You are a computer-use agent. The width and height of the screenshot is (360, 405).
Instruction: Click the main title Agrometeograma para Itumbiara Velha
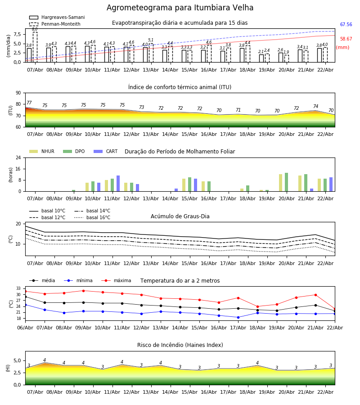coord(180,8)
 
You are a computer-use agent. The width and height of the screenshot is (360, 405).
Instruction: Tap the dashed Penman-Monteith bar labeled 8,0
coord(35,47)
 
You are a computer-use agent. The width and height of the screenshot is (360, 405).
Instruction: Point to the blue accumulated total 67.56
coord(346,25)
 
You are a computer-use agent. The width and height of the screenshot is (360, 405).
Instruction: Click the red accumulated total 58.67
coord(346,39)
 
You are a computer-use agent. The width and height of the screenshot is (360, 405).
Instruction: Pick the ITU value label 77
coord(29,103)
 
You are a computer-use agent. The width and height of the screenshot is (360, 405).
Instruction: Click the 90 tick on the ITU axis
coord(18,93)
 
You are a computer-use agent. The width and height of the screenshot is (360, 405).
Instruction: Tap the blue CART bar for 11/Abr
coord(118,184)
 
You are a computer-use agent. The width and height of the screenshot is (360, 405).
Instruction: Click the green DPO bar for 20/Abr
coord(286,182)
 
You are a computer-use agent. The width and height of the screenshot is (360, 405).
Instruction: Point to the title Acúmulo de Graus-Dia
coord(180,216)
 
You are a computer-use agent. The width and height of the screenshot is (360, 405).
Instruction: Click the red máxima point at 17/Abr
coord(238,298)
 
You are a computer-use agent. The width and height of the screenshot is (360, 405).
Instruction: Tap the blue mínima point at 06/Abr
coord(25,305)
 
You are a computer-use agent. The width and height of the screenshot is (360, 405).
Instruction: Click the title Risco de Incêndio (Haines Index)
coord(180,345)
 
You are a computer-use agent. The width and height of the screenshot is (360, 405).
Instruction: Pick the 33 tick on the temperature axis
coord(18,288)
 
